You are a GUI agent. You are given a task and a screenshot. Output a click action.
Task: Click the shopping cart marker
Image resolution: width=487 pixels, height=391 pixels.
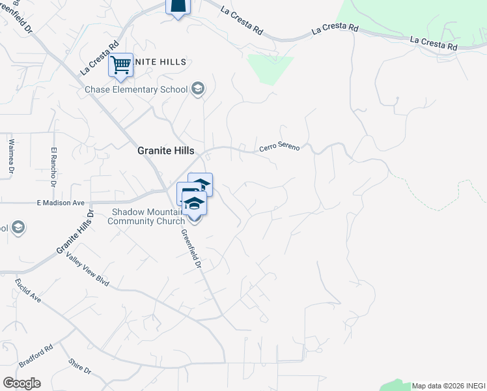pyautogui.click(x=120, y=65)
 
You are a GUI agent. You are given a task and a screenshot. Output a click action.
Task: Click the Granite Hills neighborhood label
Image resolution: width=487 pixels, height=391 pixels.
pyautogui.click(x=165, y=150)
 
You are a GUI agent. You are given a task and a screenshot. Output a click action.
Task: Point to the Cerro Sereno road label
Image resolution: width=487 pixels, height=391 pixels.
pyautogui.click(x=279, y=147)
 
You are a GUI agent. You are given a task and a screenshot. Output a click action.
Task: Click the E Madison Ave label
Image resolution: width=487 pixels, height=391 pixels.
pyautogui.click(x=61, y=203)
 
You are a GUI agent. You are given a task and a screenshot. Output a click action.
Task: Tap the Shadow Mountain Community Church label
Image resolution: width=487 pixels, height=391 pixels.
pyautogui.click(x=148, y=216)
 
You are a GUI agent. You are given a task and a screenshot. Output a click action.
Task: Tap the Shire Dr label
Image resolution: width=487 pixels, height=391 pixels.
pyautogui.click(x=79, y=366)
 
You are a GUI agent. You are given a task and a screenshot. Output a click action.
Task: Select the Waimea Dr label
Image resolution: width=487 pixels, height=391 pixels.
pyautogui.click(x=11, y=156)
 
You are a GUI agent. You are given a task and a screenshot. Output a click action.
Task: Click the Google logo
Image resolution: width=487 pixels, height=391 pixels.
pyautogui.click(x=21, y=383)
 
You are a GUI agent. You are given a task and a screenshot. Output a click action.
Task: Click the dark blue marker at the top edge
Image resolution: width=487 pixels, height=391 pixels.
pyautogui.click(x=178, y=7)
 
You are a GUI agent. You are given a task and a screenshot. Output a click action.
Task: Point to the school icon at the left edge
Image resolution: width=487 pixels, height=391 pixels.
pyautogui.click(x=18, y=227)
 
